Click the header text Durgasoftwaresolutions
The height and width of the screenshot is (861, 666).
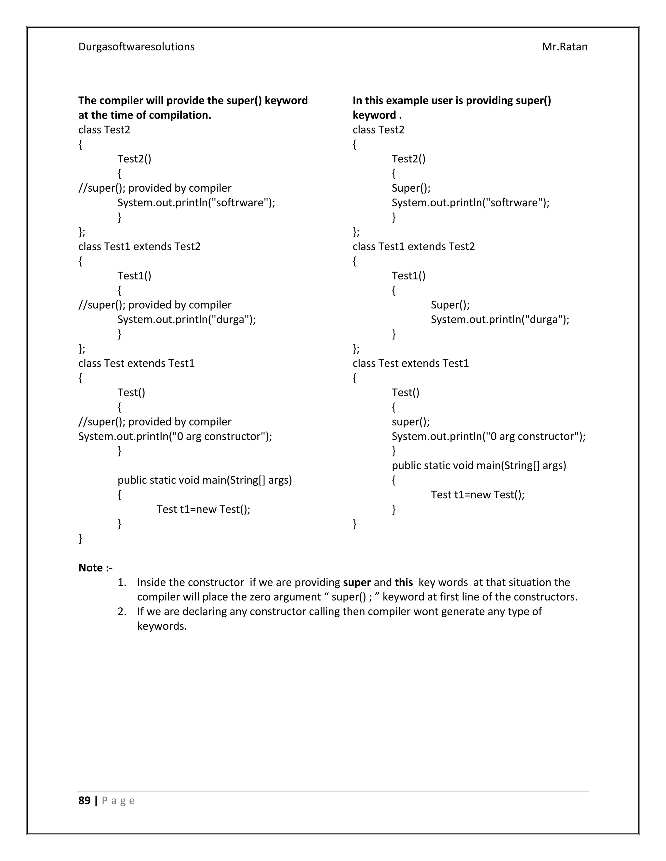click(136, 47)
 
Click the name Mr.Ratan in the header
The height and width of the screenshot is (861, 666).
click(564, 47)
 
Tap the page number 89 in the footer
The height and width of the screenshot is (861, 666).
click(85, 800)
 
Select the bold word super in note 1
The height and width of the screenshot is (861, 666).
click(357, 582)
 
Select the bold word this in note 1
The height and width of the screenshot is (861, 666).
click(404, 582)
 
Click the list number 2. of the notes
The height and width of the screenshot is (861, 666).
click(122, 611)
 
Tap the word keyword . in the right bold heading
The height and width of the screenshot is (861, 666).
click(377, 115)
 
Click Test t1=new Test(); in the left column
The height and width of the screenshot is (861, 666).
click(203, 509)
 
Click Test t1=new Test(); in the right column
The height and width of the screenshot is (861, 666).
click(477, 495)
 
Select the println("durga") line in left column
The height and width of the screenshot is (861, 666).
click(186, 319)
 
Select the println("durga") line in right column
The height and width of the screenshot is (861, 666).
click(499, 319)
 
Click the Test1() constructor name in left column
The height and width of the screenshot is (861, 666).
click(134, 276)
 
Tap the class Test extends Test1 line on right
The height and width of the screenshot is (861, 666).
click(410, 363)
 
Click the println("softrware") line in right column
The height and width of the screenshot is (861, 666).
click(470, 203)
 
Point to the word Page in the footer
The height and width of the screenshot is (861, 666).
click(118, 801)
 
